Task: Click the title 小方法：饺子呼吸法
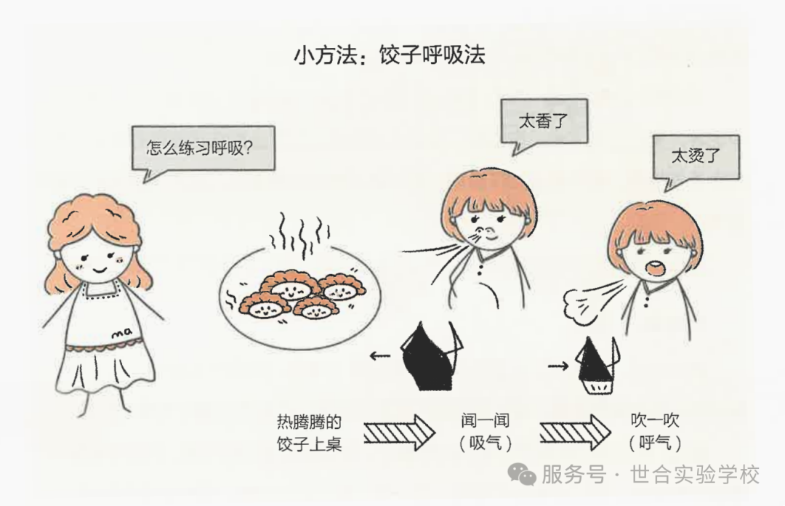click(390, 55)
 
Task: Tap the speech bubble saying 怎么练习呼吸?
click(204, 148)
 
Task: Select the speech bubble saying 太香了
click(544, 121)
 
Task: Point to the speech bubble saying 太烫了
click(696, 157)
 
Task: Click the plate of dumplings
click(300, 297)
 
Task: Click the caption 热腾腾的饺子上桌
click(310, 433)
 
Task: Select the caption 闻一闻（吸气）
click(485, 431)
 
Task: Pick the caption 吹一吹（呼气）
click(655, 431)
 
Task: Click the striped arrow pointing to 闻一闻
click(399, 433)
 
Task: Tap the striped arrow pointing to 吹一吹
click(575, 433)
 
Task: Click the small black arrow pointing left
click(380, 356)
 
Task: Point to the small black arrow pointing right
click(558, 366)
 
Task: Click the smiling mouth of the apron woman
click(100, 271)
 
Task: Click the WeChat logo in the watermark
click(522, 474)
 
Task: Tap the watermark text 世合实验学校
click(696, 474)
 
